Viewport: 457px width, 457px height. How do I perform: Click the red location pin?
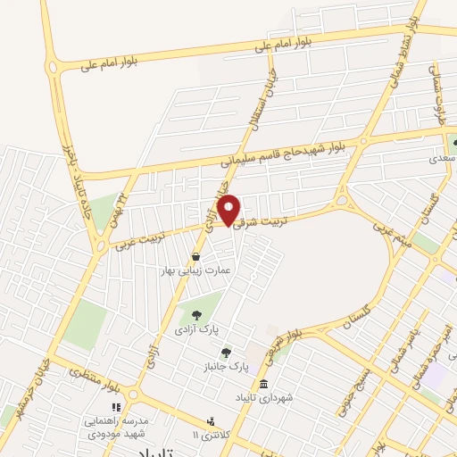pyautogui.click(x=229, y=210)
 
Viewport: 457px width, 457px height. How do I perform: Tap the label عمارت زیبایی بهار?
pyautogui.click(x=195, y=269)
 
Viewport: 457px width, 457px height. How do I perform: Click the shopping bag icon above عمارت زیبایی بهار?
pyautogui.click(x=195, y=256)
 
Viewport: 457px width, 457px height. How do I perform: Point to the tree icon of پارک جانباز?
pyautogui.click(x=226, y=353)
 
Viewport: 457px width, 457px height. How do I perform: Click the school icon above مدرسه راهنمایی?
pyautogui.click(x=116, y=407)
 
